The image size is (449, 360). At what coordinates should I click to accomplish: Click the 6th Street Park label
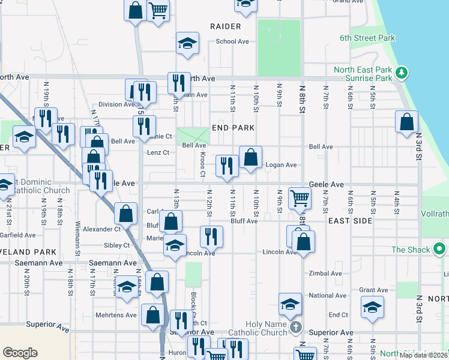coord(367,38)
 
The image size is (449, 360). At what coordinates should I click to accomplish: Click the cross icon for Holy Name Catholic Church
coord(295,328)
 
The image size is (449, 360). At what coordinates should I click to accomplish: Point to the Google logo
coord(20,352)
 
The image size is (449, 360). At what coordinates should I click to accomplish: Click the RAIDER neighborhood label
coord(226,26)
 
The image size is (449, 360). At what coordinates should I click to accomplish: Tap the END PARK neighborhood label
coord(234,128)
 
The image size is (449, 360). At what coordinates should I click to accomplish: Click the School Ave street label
coord(232,41)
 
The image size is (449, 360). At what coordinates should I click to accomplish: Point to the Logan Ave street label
coord(282,165)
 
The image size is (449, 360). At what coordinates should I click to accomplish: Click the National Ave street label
coord(328,296)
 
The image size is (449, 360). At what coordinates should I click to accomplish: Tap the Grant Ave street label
coord(374,290)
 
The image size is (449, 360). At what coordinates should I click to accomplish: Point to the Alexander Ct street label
coord(101,229)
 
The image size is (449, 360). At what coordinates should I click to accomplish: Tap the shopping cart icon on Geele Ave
coord(300,197)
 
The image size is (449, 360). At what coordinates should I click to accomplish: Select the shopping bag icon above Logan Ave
coord(250,158)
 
